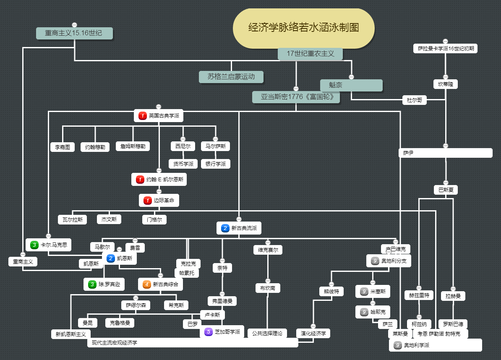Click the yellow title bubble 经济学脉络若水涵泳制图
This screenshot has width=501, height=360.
pos(303,28)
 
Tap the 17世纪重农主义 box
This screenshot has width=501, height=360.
pos(310,54)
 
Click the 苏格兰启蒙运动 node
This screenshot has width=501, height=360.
pos(231,76)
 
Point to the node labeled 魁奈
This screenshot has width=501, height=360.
pos(351,85)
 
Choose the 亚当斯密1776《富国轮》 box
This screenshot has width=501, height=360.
pos(296,97)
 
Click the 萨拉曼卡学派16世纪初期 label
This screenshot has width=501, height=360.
pos(446,49)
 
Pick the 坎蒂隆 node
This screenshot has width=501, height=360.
pos(446,84)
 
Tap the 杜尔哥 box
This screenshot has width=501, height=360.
pos(414,100)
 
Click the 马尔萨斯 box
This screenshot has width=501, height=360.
pos(215,146)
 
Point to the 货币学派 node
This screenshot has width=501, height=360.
pos(183,164)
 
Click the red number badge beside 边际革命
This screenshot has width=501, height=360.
pos(147,201)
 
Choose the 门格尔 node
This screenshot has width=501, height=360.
pos(154,219)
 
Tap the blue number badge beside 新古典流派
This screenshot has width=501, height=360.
pos(225,228)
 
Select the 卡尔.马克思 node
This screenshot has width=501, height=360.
pos(48,245)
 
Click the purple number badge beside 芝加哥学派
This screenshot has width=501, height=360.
pos(209,332)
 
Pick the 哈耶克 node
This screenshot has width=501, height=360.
pos(373,312)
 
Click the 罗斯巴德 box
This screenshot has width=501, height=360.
pos(453,324)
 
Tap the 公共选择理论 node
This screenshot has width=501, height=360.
pos(267,334)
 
